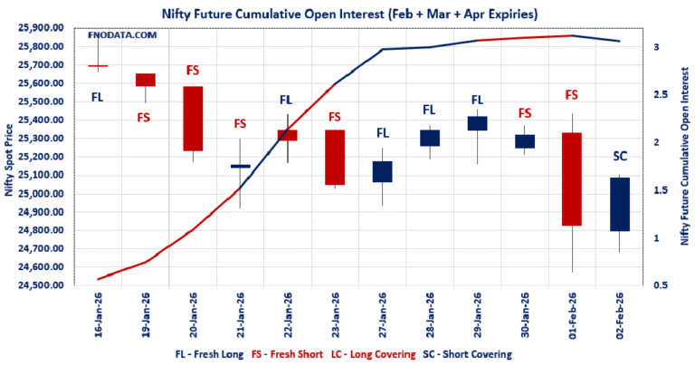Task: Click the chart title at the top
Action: tap(347, 13)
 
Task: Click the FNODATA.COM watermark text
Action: tap(123, 35)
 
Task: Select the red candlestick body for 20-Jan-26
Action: tap(193, 119)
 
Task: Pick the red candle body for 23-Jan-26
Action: tap(335, 157)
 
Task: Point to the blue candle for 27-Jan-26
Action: tap(382, 171)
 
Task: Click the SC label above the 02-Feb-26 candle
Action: tap(620, 157)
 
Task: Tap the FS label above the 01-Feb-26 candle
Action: tap(571, 94)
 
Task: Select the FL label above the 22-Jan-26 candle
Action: tap(287, 101)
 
